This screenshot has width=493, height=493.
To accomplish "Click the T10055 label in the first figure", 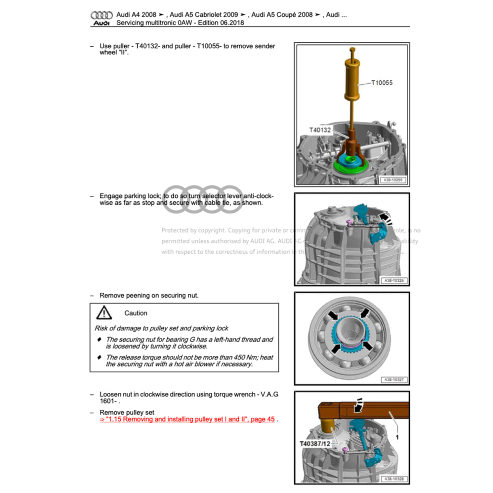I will pyautogui.click(x=381, y=83).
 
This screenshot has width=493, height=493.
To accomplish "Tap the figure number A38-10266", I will pyautogui.click(x=393, y=180).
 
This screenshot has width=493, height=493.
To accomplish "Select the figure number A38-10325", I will pyautogui.click(x=393, y=280).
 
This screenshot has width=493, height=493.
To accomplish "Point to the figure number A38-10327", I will pyautogui.click(x=393, y=379).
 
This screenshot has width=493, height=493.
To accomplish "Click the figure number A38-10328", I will pyautogui.click(x=393, y=479).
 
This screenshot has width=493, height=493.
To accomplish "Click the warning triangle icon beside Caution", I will pyautogui.click(x=104, y=313).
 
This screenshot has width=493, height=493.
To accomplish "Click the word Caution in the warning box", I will pyautogui.click(x=136, y=313).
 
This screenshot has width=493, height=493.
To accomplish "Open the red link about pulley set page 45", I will pyautogui.click(x=187, y=419).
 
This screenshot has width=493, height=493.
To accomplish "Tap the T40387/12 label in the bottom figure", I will pyautogui.click(x=315, y=443).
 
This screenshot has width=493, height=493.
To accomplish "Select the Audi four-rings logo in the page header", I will pyautogui.click(x=102, y=15).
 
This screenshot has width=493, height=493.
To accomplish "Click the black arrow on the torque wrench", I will pyautogui.click(x=358, y=406).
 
